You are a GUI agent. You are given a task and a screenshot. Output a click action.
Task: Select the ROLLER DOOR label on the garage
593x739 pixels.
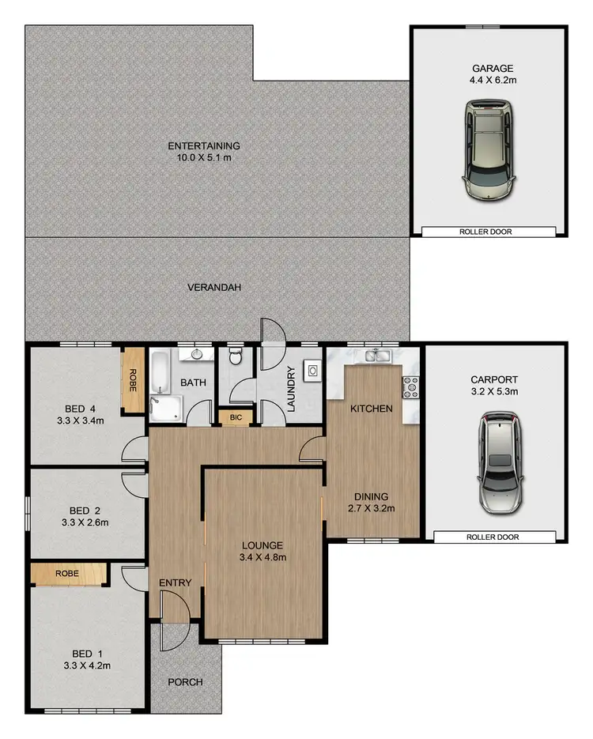point(488,232)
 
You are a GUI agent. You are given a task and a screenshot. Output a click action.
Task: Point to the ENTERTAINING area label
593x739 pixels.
point(204,146)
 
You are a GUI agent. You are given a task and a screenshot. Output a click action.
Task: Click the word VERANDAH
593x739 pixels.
point(213,288)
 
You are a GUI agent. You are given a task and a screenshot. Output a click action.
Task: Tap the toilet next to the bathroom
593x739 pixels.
point(236,360)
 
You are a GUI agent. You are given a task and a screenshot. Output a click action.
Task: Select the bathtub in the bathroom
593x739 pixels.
point(160,372)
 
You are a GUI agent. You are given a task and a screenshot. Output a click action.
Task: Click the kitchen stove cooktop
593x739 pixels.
point(411,386)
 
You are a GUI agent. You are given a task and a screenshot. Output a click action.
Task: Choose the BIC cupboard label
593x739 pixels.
point(236,417)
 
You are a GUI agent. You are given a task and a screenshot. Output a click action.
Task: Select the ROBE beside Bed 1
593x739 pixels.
point(67,574)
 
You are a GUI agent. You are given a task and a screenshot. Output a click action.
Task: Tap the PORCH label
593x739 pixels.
point(186,682)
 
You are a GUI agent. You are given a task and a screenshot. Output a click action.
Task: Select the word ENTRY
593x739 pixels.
point(176,583)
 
